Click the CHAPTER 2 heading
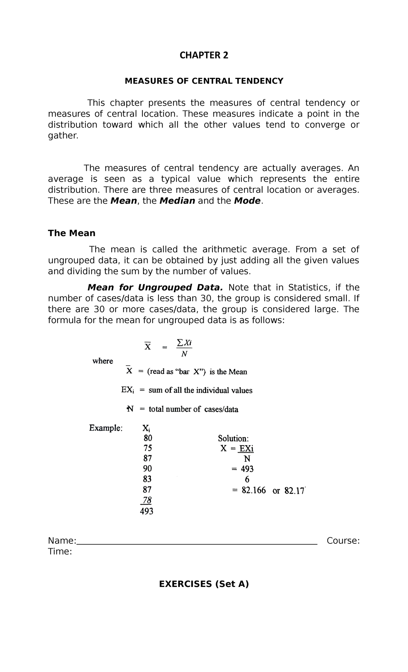pos(204,55)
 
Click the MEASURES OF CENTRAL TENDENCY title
pos(204,81)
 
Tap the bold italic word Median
pos(177,201)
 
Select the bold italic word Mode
pos(247,201)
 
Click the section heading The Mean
pos(71,233)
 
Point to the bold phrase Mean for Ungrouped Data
pos(155,287)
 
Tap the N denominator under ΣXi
pos(184,354)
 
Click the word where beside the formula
pos(103,361)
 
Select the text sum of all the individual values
pos(200,390)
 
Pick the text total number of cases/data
pos(193,409)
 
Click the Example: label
pos(105,428)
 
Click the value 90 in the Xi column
pos(148,469)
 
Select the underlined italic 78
pos(147,500)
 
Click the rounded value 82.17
pos(294,491)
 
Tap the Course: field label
pos(343,541)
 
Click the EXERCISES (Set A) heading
pos(204,584)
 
